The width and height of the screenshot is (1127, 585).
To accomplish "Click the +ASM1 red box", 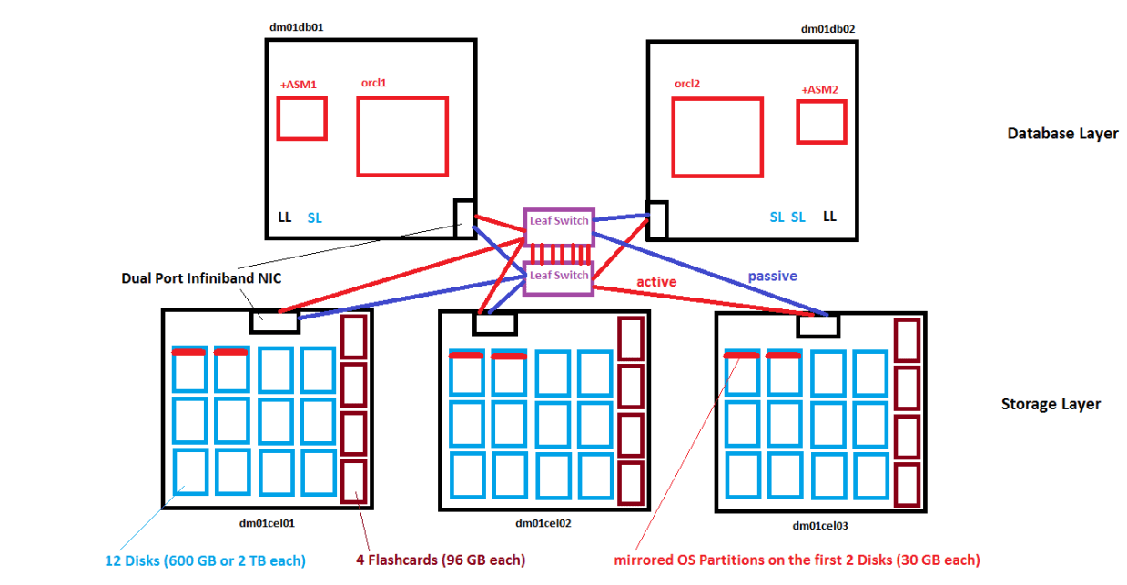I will pos(301,118).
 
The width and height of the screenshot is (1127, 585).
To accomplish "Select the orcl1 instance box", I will pos(402,136).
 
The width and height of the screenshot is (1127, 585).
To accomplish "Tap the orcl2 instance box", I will pos(716,137).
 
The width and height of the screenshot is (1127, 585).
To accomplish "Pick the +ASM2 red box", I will pos(822,122).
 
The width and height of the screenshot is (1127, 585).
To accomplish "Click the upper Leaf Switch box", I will pos(559,221).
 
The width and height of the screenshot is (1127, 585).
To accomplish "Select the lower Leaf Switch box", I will pos(559,276).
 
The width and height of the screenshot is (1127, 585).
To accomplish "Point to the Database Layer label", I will pos(1062,134).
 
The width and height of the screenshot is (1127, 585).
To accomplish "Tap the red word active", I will pos(656,282).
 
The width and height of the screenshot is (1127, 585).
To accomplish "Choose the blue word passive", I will pos(772,276).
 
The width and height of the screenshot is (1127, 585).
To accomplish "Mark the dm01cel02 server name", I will pos(543,523).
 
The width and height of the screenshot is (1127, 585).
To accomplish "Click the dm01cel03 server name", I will pos(820,525).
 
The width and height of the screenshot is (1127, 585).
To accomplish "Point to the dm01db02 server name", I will pos(827,28).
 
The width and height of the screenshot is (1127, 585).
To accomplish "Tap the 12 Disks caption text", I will pos(203,560).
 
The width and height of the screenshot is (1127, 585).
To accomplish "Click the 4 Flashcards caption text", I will pos(441,560).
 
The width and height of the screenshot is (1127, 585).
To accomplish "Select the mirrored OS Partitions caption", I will pos(797,560).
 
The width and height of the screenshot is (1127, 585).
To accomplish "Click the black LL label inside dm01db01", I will pos(285,217).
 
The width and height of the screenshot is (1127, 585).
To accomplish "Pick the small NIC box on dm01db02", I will pos(657,219).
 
